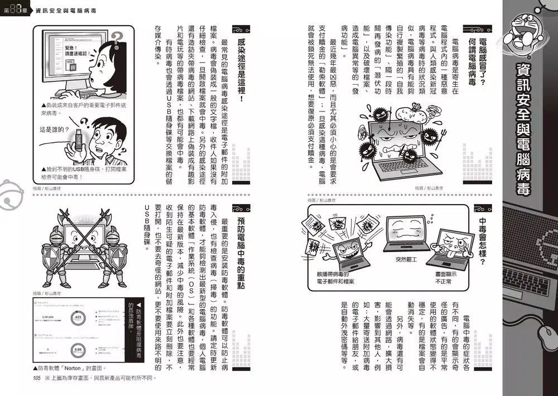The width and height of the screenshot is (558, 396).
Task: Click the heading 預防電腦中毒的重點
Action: coord(240,252)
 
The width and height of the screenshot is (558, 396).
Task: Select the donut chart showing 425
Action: coord(78,318)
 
